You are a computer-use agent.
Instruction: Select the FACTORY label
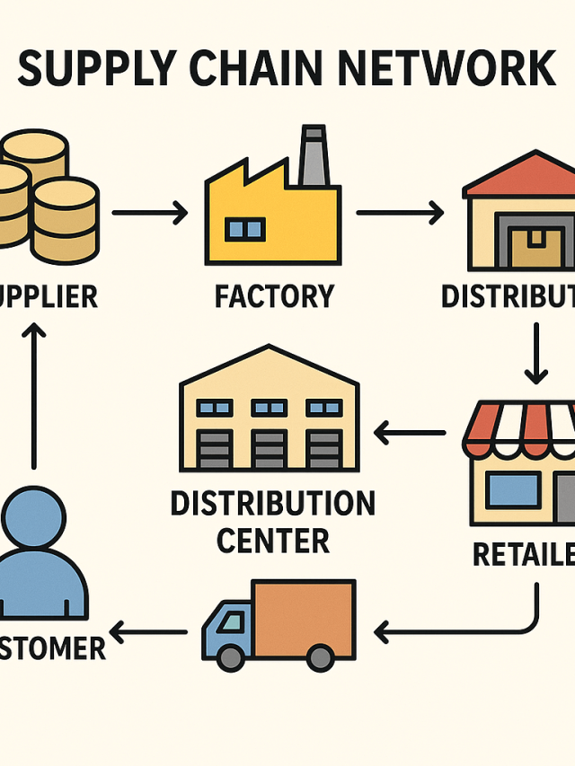pos(274,295)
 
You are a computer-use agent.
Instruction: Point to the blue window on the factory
pos(244,229)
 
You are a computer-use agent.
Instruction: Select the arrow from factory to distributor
pos(400,214)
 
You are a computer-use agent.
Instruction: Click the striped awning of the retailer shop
pos(521,427)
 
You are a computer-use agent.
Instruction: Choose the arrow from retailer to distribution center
pos(410,434)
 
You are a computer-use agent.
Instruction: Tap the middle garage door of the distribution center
pos(270,449)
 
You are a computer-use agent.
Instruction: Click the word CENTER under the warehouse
pos(273,541)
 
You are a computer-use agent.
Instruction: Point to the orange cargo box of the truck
pos(303,617)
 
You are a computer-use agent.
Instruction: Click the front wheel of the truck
pos(232,657)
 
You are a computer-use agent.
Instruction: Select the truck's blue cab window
pos(230,621)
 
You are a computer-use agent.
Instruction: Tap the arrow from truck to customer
pos(147,632)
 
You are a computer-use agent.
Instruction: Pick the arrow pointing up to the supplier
pos(34,395)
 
